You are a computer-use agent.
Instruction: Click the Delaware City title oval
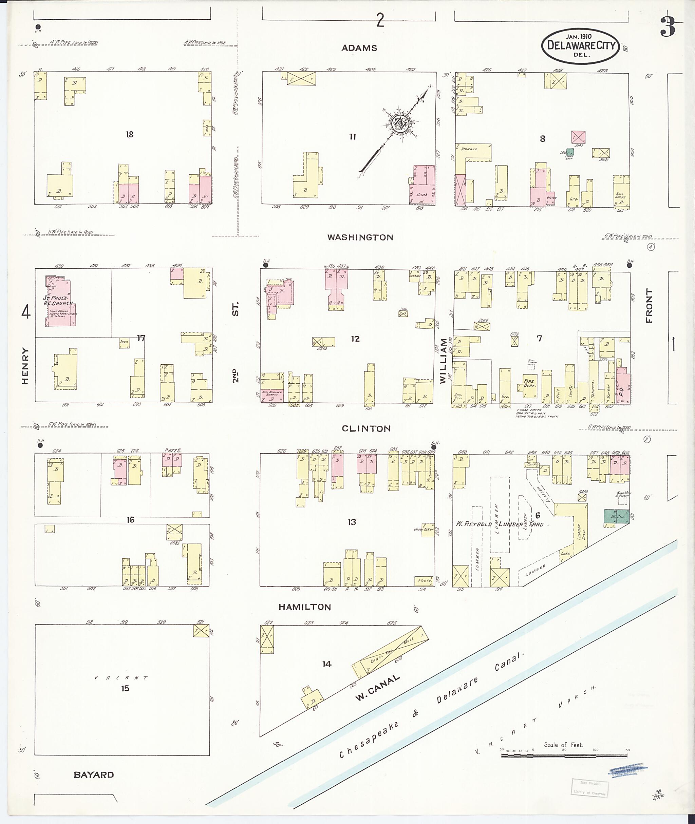tap(581, 46)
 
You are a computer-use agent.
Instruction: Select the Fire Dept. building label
tap(529, 384)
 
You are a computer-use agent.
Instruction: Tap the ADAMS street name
tap(359, 48)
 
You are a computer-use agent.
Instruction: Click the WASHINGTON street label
tap(360, 237)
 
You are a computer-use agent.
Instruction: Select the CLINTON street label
tap(366, 428)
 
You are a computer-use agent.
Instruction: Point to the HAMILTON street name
tap(304, 607)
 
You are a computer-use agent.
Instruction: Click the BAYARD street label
tap(94, 775)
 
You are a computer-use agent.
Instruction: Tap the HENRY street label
tap(25, 365)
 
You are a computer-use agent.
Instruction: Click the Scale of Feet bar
tap(565, 755)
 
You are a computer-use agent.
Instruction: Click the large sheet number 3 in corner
tap(668, 26)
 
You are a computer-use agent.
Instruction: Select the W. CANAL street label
tap(377, 688)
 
